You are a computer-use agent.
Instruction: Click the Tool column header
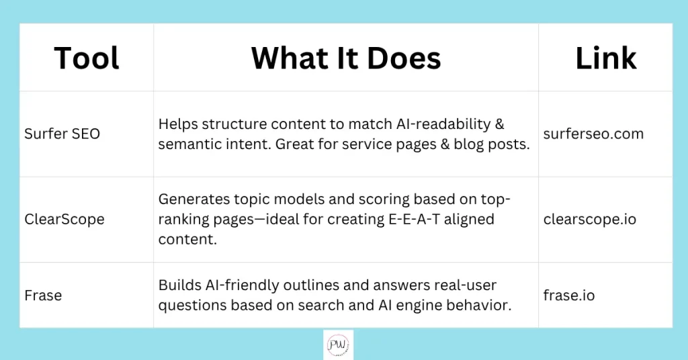tap(87, 58)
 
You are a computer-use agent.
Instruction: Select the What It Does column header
tap(346, 58)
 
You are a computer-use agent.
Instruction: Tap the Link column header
tap(605, 58)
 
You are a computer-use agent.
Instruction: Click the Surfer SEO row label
tap(62, 134)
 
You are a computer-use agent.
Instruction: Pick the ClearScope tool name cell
tap(64, 219)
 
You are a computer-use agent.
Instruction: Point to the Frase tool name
tap(43, 296)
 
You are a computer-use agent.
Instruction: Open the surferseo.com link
tap(593, 134)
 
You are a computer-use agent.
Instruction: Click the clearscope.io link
tap(590, 219)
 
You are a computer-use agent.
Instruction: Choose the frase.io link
tap(568, 296)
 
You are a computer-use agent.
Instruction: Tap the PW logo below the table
tap(338, 345)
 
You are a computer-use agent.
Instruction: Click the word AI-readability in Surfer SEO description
tap(443, 124)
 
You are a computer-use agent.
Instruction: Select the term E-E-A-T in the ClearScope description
tap(414, 219)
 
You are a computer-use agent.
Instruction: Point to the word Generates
tap(193, 199)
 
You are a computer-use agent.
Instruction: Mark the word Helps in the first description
tap(177, 124)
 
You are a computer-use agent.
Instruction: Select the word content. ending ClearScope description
tap(187, 239)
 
